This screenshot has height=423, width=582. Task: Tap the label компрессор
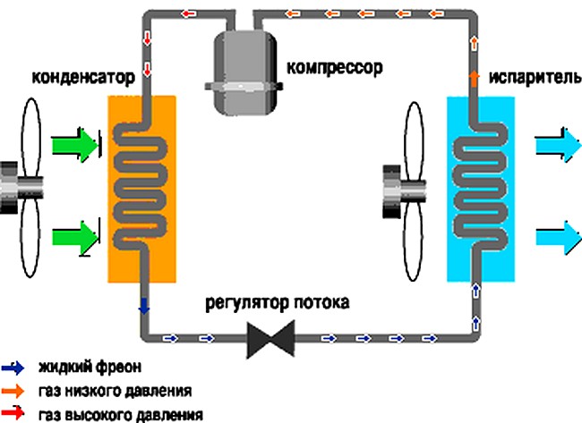328,66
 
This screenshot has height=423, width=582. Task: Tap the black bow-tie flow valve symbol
270,340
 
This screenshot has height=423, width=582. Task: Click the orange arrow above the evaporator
474,80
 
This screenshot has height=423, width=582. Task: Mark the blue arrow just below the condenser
141,307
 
